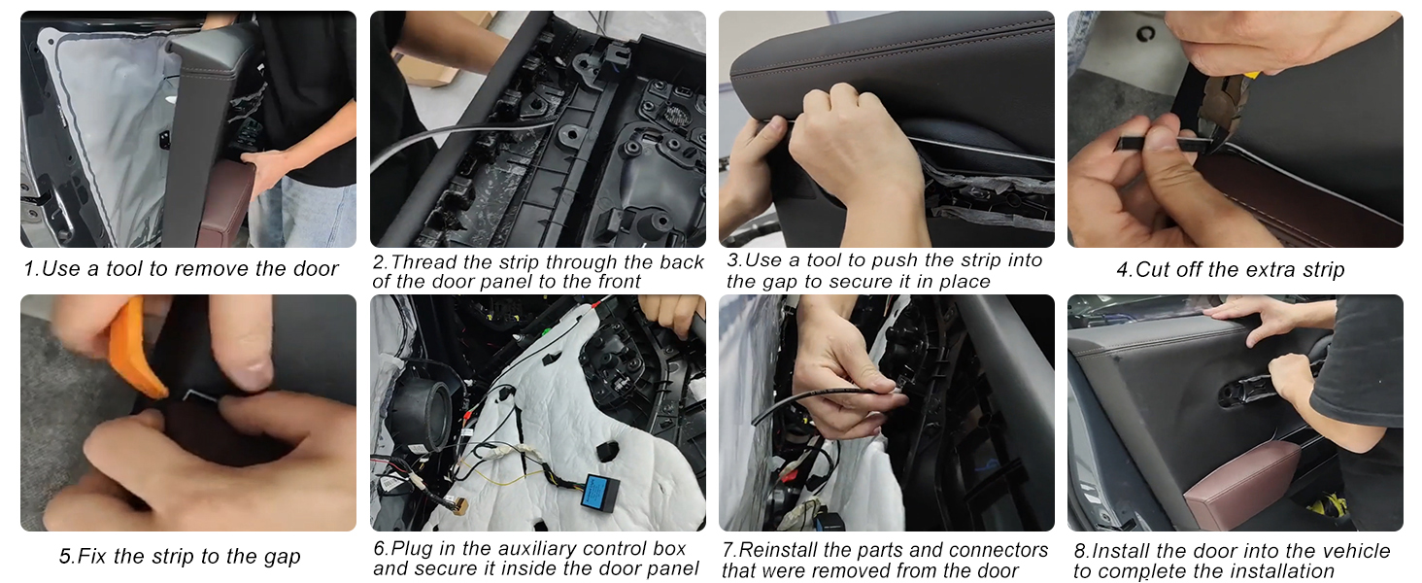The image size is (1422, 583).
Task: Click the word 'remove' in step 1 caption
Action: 212,268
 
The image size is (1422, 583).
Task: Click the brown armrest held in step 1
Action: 225,202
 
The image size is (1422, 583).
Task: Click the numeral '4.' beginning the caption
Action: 1124,269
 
